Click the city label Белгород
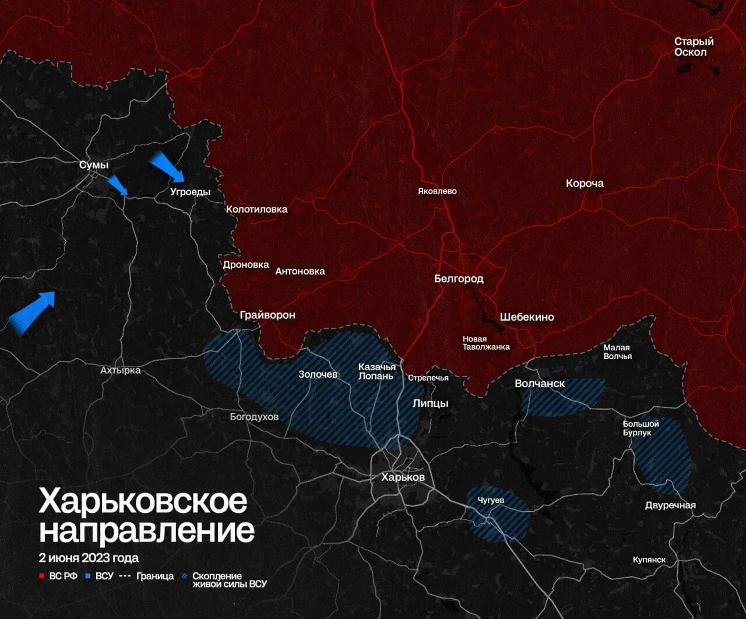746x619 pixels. (459, 279)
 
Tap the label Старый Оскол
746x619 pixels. (694, 47)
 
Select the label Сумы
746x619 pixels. (94, 165)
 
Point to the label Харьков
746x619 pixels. (403, 477)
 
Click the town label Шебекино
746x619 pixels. (527, 317)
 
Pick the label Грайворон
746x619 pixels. (268, 315)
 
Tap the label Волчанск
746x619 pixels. (540, 384)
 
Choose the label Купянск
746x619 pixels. (649, 560)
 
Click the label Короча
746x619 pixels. (585, 183)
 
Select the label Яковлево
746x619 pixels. (437, 191)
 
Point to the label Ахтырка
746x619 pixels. (120, 370)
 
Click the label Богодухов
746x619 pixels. (254, 417)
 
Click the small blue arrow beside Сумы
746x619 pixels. (118, 185)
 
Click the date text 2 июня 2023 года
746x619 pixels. (89, 558)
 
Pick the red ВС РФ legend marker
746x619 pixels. (42, 576)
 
